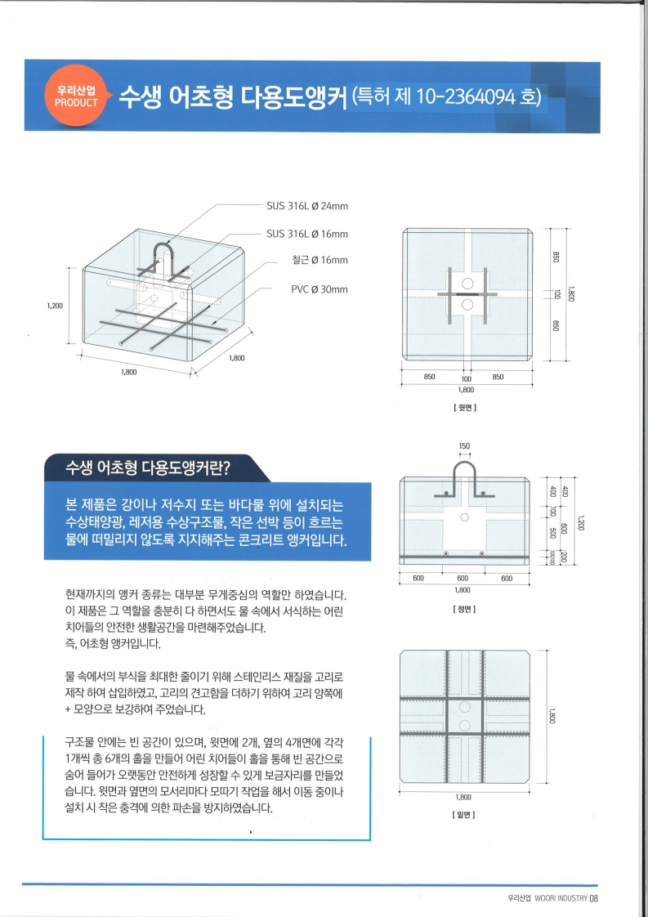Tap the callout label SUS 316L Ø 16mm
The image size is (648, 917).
tap(307, 235)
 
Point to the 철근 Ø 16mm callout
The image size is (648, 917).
tap(320, 261)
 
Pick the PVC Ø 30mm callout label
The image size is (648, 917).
tap(320, 289)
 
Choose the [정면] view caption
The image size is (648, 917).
tap(465, 609)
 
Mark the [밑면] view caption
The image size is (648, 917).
tap(465, 815)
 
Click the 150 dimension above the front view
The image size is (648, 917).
tap(464, 447)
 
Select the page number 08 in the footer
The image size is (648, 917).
tap(595, 899)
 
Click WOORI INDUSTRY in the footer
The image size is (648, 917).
tap(561, 899)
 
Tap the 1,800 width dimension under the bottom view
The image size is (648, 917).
tap(464, 796)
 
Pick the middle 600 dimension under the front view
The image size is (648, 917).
tap(464, 579)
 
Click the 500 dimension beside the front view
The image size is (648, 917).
tap(554, 532)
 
